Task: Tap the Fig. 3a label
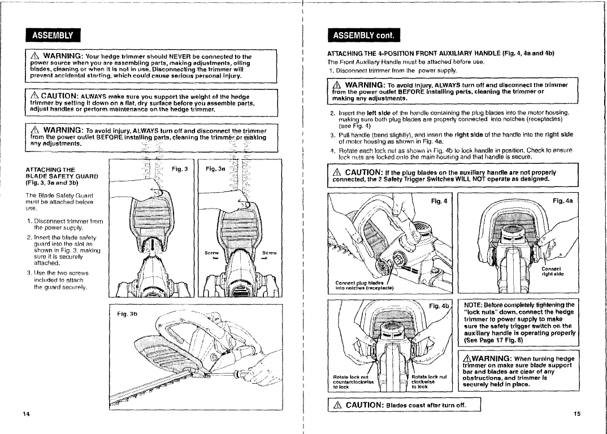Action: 215,169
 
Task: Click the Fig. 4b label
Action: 439,307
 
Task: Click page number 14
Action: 26,414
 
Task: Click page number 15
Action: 577,414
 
